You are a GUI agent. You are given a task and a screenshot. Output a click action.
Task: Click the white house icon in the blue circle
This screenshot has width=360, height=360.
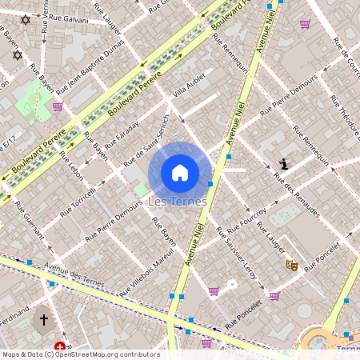180,172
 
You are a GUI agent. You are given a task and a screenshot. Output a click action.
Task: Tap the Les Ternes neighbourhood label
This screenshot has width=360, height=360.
178,202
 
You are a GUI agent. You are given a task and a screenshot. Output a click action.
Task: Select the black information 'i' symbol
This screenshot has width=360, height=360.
283,165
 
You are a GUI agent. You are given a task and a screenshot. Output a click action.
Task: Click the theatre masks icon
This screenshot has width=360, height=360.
292,264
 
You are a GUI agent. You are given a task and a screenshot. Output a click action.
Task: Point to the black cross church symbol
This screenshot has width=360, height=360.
44,320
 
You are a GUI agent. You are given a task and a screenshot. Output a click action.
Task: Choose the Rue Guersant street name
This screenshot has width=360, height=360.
30,219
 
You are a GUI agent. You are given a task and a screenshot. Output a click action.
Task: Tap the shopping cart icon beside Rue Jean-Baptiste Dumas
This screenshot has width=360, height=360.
58,106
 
